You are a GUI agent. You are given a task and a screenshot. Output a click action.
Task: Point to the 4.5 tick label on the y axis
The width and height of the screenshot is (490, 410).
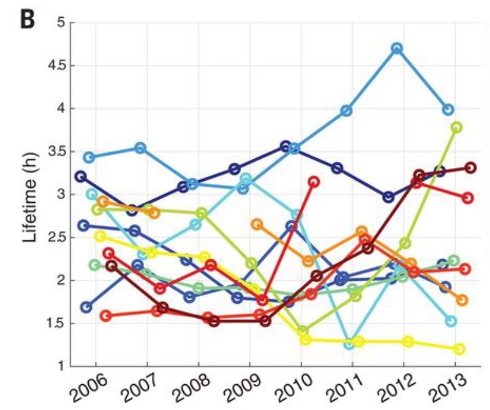pyautogui.click(x=56, y=66)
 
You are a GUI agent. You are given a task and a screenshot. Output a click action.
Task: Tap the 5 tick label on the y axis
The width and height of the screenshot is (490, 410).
pyautogui.click(x=61, y=23)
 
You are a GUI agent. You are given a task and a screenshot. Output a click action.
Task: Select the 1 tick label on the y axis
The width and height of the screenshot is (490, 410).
pyautogui.click(x=61, y=366)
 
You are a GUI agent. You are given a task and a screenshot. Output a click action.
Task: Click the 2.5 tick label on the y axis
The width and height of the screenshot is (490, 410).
pyautogui.click(x=56, y=238)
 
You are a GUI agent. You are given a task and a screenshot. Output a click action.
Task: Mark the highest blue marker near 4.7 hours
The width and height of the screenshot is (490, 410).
pyautogui.click(x=397, y=48)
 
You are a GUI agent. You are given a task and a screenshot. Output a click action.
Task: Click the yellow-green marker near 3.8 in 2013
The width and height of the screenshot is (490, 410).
pyautogui.click(x=456, y=127)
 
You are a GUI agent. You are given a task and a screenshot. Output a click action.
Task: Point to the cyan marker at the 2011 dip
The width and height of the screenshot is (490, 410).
pyautogui.click(x=349, y=344)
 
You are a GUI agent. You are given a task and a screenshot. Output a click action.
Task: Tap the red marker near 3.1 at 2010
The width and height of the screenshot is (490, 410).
pyautogui.click(x=314, y=182)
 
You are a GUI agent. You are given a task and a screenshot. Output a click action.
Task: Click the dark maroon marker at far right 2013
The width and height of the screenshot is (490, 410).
pyautogui.click(x=470, y=167)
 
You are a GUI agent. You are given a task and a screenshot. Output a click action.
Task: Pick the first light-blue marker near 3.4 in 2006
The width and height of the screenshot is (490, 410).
pyautogui.click(x=89, y=157)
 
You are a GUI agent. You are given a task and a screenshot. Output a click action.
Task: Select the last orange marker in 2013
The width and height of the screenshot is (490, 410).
pyautogui.click(x=462, y=300)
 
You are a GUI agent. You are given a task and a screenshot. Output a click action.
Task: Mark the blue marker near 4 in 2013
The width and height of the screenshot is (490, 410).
pyautogui.click(x=448, y=110)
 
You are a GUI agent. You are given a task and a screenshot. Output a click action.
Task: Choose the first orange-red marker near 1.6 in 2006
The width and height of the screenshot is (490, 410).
pyautogui.click(x=105, y=316)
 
